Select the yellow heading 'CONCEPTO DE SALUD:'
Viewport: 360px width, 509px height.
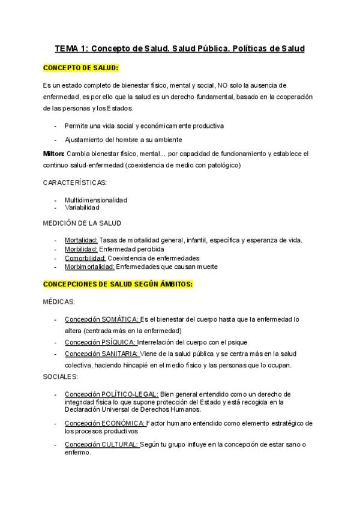tap(80, 68)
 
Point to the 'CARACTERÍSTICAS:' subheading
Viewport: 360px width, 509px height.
tap(75, 182)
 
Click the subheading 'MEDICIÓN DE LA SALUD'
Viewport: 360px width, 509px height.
tap(82, 223)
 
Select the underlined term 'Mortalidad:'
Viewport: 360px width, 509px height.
tap(81, 241)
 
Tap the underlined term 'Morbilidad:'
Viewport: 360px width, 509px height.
tap(81, 249)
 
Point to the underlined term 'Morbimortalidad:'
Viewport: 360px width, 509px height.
tap(89, 267)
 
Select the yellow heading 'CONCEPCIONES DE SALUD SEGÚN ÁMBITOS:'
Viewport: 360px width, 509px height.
tap(118, 284)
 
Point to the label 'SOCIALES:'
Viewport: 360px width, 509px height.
tap(61, 376)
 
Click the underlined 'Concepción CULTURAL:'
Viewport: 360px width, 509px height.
tap(101, 444)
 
